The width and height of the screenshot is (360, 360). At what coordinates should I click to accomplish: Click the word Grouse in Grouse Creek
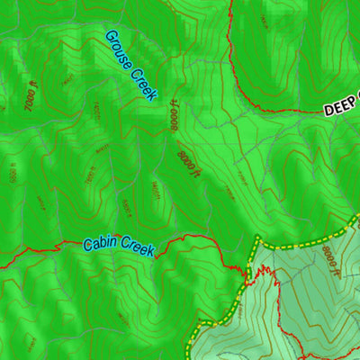coord(119,49)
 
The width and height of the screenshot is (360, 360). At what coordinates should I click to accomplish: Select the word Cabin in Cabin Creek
coord(101,244)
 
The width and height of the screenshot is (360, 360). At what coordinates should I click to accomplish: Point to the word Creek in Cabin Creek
coord(138,247)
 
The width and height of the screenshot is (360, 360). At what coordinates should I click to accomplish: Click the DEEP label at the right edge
coord(341,107)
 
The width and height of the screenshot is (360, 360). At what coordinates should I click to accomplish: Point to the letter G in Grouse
coord(110,36)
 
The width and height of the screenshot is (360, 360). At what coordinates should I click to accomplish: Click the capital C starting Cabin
coord(87,244)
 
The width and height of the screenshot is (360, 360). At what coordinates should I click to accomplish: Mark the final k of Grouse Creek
coord(153,95)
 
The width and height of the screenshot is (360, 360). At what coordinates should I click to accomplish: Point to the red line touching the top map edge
coord(231,2)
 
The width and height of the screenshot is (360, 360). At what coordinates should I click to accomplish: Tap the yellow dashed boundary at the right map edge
coord(357,216)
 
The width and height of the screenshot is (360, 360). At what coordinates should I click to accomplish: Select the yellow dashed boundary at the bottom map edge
coord(189,357)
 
